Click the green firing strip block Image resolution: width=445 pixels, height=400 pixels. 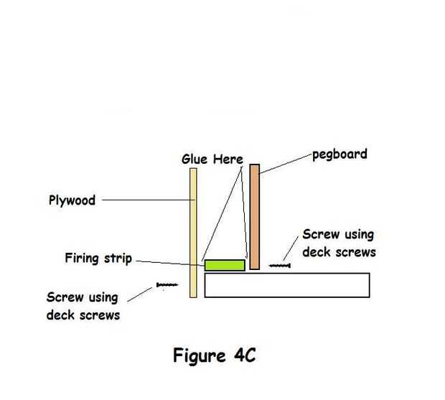tap(225, 265)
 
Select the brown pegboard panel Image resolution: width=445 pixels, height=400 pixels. tap(254, 215)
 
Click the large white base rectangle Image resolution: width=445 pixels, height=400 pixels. tap(286, 285)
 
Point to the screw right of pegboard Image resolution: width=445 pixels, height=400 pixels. tap(280, 266)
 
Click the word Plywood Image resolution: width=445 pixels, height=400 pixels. tap(67, 200)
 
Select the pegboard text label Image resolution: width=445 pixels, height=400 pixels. tap(339, 154)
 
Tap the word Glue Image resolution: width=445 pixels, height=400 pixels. tap(195, 159)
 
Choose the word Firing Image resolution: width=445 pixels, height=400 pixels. tap(83, 257)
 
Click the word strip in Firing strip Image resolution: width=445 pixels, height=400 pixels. tap(118, 258)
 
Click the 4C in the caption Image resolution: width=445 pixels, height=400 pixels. tap(243, 356)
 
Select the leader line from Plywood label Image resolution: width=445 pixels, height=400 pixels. tap(144, 201)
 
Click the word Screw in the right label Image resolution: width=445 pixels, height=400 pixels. tap(319, 234)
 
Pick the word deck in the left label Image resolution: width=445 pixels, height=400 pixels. tap(60, 314)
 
